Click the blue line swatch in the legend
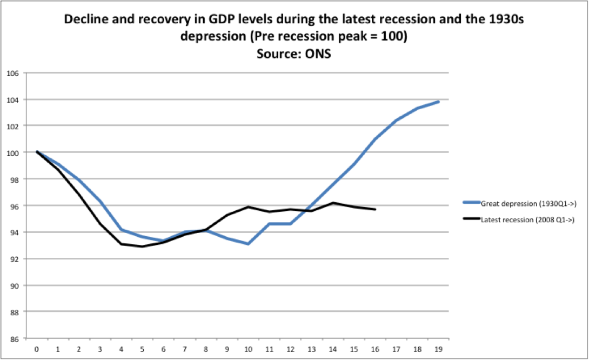point(471,203)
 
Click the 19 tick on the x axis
point(438,349)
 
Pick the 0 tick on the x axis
point(37,349)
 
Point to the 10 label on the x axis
point(248,349)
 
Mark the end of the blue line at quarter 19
point(438,102)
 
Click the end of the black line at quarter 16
point(375,209)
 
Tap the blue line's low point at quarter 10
point(248,244)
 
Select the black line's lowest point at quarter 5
point(143,246)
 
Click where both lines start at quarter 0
point(37,152)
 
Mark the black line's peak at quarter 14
point(333,203)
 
